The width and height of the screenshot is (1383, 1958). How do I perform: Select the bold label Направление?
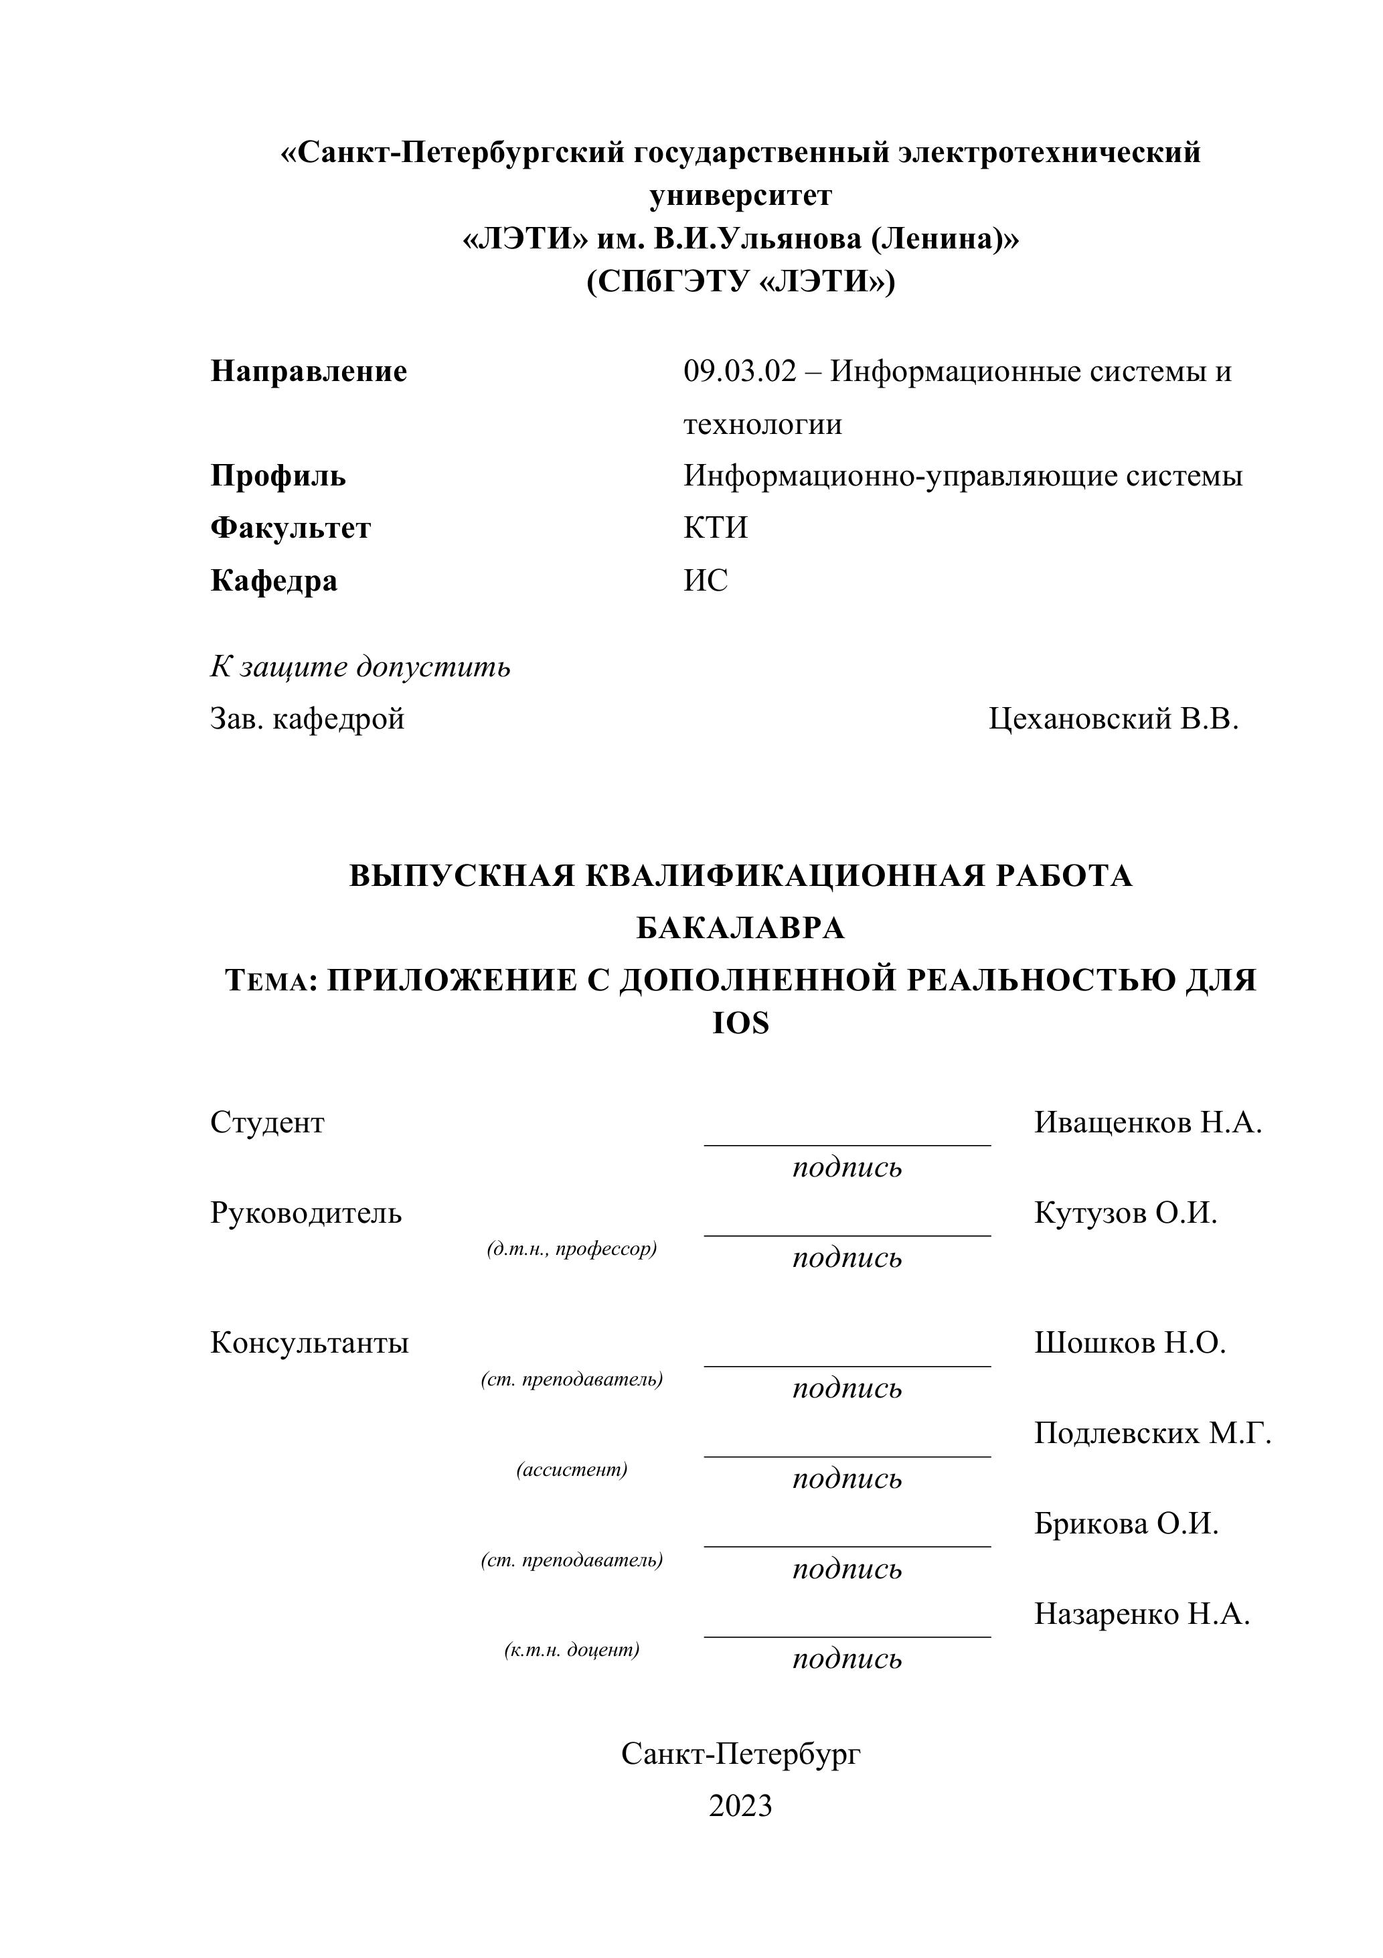point(309,372)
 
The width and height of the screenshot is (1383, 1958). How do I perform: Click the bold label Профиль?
point(278,476)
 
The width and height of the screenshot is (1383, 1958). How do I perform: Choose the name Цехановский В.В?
point(1113,719)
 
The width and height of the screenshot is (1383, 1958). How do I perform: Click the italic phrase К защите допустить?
point(360,666)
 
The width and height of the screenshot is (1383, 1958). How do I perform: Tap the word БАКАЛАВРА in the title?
point(740,928)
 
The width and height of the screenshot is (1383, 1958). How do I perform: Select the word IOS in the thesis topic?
point(740,1023)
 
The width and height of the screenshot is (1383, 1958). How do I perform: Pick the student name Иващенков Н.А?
point(1147,1123)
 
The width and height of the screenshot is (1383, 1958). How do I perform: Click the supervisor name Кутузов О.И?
point(1125,1213)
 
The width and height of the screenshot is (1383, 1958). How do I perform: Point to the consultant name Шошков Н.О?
point(1130,1343)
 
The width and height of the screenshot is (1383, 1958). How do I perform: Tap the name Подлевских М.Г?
point(1153,1434)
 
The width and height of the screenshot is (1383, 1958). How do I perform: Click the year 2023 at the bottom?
point(740,1806)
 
